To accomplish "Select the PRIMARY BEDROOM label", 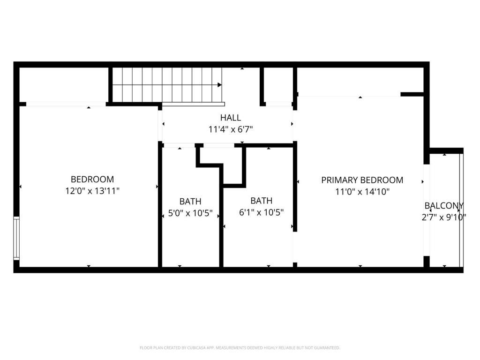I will tap(362, 180).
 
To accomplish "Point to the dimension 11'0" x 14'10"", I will tap(362, 192).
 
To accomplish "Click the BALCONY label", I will tap(444, 206).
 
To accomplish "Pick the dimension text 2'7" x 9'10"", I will tap(443, 217).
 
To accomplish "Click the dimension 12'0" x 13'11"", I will tap(92, 191).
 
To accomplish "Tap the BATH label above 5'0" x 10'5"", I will tap(190, 202).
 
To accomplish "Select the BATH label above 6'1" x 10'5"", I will tap(261, 201).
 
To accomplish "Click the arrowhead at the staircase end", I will tap(219, 85).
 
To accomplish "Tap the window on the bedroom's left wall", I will tap(16, 238).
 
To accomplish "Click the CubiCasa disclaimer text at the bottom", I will tap(240, 348).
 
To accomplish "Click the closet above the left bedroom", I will tap(64, 85).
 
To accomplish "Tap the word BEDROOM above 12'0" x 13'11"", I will tap(92, 179).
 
